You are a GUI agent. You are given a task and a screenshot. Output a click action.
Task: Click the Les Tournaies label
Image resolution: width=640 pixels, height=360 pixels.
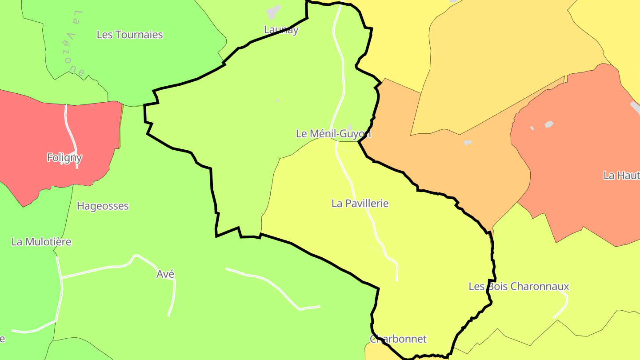pos(130,35)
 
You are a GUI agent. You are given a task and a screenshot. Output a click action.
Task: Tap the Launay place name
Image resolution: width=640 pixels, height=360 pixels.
pos(281,30)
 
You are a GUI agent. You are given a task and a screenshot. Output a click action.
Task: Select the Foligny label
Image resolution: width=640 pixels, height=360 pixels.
pos(64,157)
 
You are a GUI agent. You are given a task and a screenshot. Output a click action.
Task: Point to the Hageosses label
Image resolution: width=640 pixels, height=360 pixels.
pos(103,206)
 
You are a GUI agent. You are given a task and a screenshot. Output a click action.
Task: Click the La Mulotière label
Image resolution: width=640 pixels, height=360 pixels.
pos(41,242)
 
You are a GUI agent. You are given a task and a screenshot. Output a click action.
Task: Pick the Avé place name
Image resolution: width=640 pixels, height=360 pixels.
pos(165,274)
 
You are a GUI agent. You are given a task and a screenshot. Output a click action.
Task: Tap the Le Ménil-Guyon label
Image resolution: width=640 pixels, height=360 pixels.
pos(333,133)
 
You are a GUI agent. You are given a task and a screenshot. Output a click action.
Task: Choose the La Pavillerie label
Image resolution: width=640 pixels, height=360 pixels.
pos(360,203)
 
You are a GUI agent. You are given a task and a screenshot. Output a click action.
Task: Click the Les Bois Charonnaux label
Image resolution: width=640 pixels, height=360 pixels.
pos(519,286)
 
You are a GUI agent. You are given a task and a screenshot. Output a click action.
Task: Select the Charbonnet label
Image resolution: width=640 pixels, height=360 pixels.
pos(398,339)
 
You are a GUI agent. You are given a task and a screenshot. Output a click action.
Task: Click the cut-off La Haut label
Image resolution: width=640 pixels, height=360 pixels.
pos(621,175)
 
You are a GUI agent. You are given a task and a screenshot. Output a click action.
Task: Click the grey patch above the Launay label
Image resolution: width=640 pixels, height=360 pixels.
pos(274,12)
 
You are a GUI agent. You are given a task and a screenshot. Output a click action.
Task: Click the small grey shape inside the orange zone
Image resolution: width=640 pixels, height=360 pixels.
pos(467,143)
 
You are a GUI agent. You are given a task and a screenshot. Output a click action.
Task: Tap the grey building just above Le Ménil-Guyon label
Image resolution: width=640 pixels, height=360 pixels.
pos(350,128)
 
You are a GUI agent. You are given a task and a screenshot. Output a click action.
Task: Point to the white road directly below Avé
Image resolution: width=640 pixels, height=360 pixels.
pos(172,298)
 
